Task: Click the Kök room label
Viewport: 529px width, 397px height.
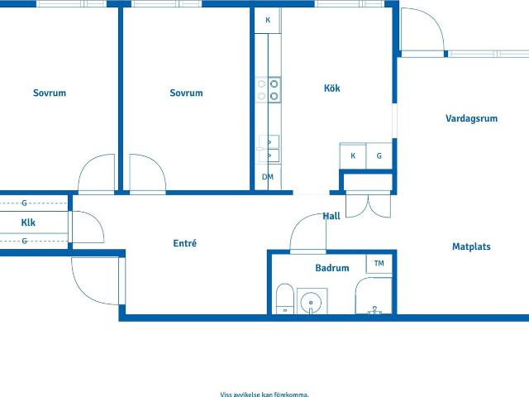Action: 332,88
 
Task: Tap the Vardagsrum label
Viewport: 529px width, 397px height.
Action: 471,118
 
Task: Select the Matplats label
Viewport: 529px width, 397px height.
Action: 471,246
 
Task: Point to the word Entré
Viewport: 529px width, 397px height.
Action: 185,243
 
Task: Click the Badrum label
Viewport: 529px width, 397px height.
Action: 332,268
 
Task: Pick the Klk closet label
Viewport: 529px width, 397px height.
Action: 28,222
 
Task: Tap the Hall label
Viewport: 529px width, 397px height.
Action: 331,216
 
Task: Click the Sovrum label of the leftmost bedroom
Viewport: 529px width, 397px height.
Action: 50,93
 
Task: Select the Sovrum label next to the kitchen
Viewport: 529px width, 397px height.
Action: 186,93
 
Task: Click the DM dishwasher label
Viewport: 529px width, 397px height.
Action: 268,176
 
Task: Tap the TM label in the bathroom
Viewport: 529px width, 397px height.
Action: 379,263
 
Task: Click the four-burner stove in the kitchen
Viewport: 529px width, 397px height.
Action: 268,90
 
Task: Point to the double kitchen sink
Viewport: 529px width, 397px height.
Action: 269,149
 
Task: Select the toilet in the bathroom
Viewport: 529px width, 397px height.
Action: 284,299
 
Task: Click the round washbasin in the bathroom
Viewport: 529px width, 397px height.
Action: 311,301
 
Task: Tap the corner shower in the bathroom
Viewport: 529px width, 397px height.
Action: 374,296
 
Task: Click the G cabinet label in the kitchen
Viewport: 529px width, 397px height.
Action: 379,156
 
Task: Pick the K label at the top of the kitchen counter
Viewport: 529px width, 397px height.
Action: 268,20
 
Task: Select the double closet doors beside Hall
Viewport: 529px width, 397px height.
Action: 369,204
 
